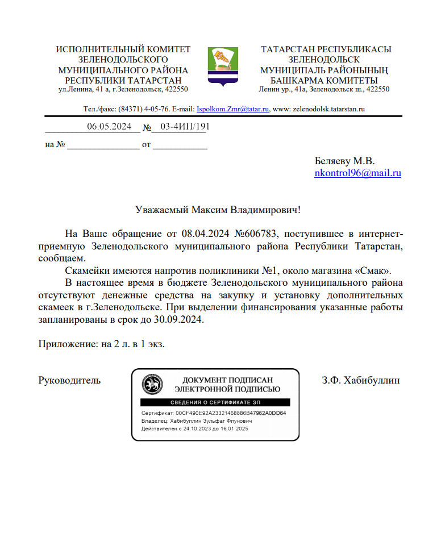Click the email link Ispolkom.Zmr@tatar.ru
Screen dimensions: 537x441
[232, 109]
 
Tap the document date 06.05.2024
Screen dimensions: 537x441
[109, 127]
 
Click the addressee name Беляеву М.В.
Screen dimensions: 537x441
[344, 161]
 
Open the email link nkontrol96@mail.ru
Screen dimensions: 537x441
[357, 173]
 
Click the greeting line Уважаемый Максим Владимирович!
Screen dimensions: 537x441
[218, 210]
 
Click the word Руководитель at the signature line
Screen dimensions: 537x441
[69, 380]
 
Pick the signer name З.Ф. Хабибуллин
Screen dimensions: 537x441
[360, 380]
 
